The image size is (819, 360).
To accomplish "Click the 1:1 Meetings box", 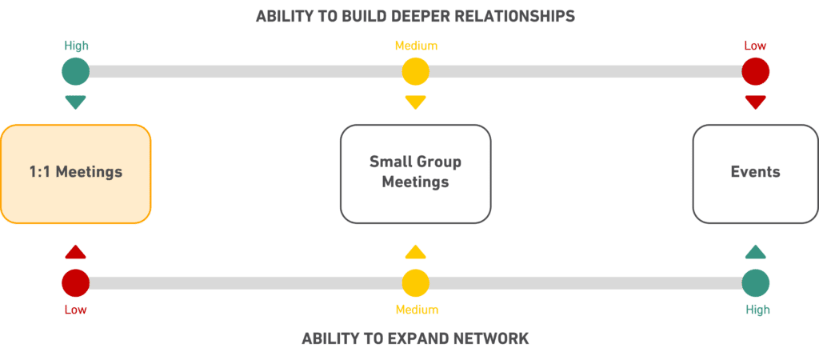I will pos(75,173).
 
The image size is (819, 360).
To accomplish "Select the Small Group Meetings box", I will pos(415,173).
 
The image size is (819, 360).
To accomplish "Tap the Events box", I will pos(755,173).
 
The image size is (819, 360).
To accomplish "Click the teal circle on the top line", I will pos(75,71).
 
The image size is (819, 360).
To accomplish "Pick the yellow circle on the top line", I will pos(415,71).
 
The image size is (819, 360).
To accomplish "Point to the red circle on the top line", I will pos(755,71).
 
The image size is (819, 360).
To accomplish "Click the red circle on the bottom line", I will pos(75,282).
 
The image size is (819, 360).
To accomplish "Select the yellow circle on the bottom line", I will pos(415,282).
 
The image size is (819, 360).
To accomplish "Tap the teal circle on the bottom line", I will pos(755,282).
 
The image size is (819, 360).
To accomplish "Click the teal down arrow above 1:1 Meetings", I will pos(75,102).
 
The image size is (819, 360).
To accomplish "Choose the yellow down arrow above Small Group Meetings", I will pos(415,102).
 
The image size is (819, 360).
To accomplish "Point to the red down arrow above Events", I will pos(755,102).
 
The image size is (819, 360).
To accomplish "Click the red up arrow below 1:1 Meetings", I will pos(75,252).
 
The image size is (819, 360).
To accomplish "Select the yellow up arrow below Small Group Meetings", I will pos(415,252).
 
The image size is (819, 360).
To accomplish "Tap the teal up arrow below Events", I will pos(755,252).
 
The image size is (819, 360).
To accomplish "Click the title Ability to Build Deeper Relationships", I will pos(415,16).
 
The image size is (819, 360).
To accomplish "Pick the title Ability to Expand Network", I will pos(415,339).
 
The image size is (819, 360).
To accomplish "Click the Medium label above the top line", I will pos(415,46).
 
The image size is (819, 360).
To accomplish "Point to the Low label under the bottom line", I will pos(75,310).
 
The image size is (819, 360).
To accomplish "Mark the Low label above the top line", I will pos(755,46).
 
